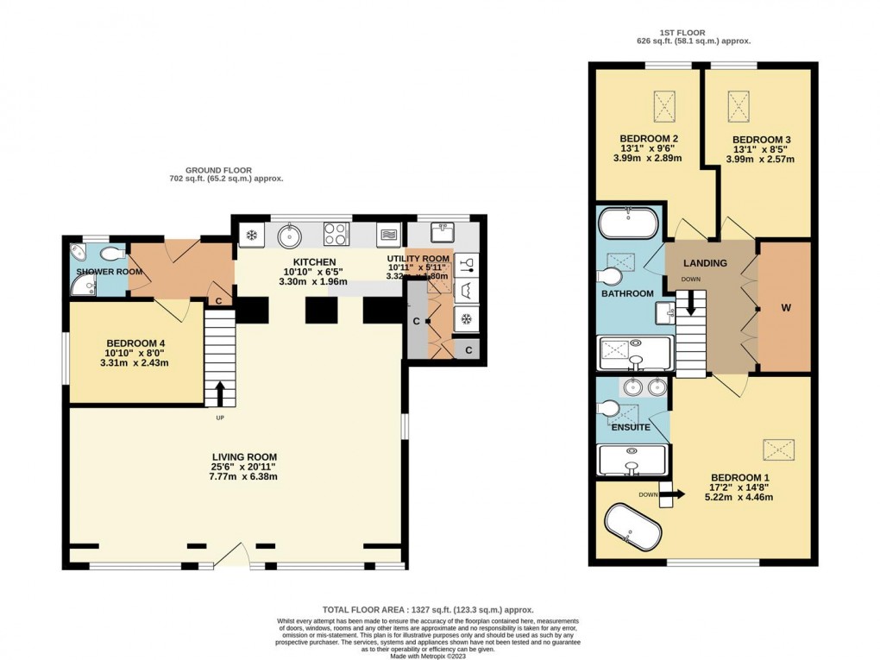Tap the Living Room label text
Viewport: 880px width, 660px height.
click(x=246, y=457)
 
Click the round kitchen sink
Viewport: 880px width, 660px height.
click(x=288, y=235)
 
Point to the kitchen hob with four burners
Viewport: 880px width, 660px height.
click(x=336, y=234)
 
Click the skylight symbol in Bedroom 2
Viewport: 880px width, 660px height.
click(x=665, y=108)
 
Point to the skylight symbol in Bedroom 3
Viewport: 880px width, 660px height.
click(x=740, y=108)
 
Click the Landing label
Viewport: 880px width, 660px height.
click(x=705, y=263)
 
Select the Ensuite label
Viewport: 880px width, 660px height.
click(x=631, y=427)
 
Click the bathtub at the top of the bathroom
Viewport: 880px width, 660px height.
click(x=628, y=223)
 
